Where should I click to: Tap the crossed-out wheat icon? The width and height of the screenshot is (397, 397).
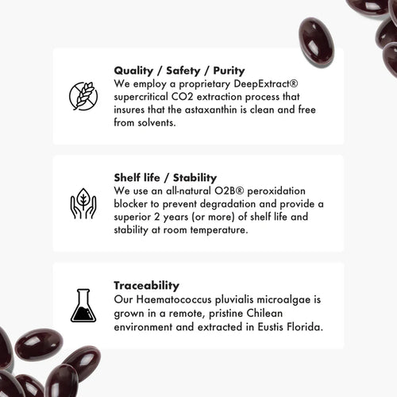click(x=83, y=95)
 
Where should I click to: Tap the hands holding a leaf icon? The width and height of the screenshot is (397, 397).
click(x=83, y=203)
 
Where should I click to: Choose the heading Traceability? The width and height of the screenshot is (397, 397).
click(x=147, y=284)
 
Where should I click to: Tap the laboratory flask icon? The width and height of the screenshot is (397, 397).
click(x=83, y=306)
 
